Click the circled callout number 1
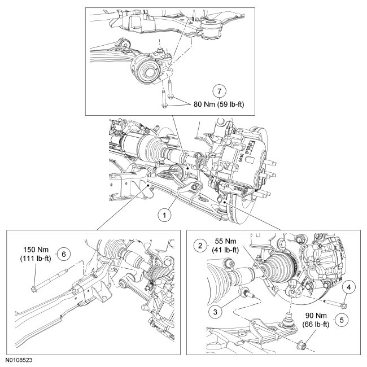click(x=164, y=215)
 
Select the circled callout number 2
click(x=199, y=246)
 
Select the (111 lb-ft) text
click(x=38, y=259)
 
